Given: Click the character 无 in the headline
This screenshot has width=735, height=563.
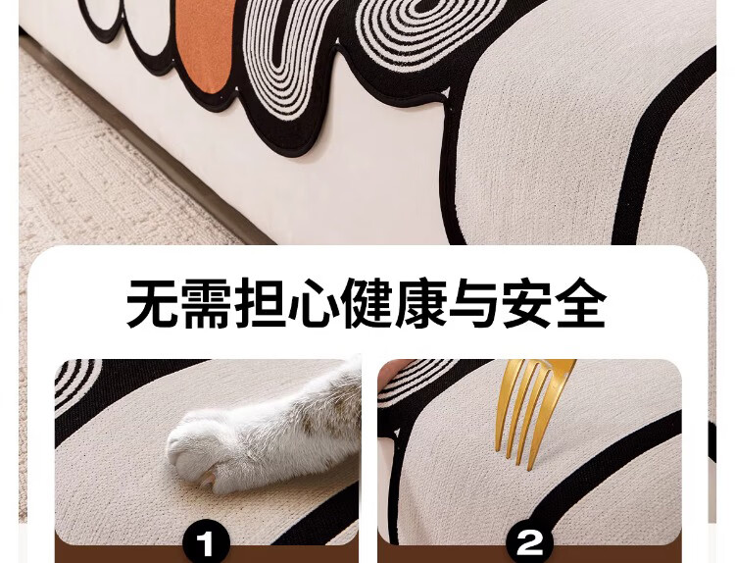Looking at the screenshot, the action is point(152,304).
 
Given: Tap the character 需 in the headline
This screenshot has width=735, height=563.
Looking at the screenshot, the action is point(206,304).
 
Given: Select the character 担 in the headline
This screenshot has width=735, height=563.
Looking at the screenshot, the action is point(260,304).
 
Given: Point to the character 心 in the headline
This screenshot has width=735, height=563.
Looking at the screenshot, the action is point(314,304).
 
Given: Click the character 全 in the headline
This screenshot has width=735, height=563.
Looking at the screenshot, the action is point(582,304).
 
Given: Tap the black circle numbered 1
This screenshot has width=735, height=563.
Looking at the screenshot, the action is point(206,544).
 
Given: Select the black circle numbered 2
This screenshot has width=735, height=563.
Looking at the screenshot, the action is point(529,544).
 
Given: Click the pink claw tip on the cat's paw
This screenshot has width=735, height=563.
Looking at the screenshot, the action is point(206,479).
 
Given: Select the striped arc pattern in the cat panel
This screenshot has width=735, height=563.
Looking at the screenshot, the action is point(75,381).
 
